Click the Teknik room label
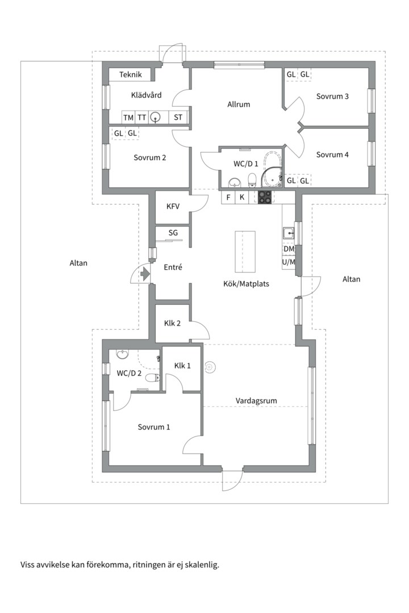pyautogui.click(x=130, y=74)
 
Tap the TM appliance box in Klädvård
pyautogui.click(x=128, y=117)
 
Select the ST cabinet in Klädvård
pyautogui.click(x=178, y=117)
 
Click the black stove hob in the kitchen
pyautogui.click(x=265, y=197)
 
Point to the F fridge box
pyautogui.click(x=228, y=197)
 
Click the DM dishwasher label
pyautogui.click(x=289, y=249)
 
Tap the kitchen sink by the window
pyautogui.click(x=289, y=233)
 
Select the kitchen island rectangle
pyautogui.click(x=245, y=251)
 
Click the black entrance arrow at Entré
pyautogui.click(x=145, y=273)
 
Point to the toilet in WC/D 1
pyautogui.click(x=252, y=180)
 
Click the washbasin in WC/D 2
pyautogui.click(x=123, y=354)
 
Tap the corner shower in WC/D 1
pyautogui.click(x=272, y=177)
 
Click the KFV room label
pyautogui.click(x=173, y=206)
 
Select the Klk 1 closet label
pyautogui.click(x=182, y=366)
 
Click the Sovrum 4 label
pyautogui.click(x=332, y=154)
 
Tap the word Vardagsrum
pyautogui.click(x=256, y=401)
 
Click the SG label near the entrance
pyautogui.click(x=173, y=233)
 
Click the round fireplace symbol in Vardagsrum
pyautogui.click(x=210, y=367)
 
